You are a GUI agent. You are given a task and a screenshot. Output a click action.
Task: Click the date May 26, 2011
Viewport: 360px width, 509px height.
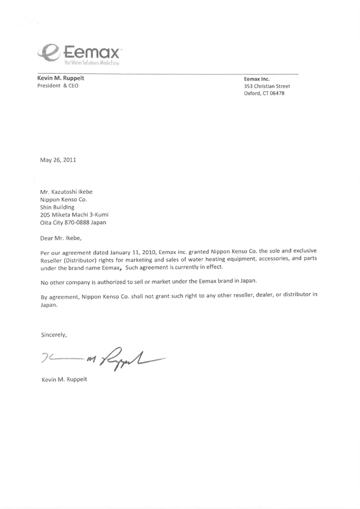tap(58, 160)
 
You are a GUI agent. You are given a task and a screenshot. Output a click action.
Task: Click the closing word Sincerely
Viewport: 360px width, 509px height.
tap(54, 335)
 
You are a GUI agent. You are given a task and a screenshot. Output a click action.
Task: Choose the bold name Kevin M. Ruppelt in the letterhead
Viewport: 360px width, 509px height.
tap(60, 78)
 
